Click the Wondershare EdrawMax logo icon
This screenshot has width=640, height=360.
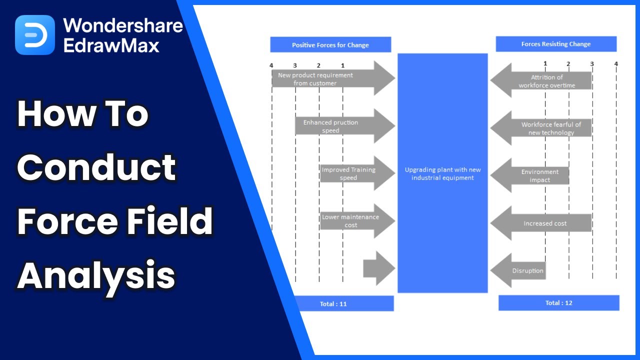(x=34, y=34)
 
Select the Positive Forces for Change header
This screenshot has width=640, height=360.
(x=330, y=45)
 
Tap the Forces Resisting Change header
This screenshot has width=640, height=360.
(x=556, y=44)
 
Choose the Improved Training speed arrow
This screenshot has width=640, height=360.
(x=355, y=173)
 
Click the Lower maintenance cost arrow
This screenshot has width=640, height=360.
(x=355, y=221)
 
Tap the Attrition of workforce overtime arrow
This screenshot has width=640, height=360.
(x=542, y=81)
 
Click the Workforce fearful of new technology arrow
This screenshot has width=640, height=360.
(x=542, y=128)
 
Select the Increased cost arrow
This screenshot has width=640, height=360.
(x=542, y=223)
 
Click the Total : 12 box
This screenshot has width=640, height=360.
(x=558, y=302)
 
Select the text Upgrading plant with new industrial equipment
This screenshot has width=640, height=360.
(x=442, y=173)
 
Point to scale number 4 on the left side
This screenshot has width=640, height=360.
(x=271, y=65)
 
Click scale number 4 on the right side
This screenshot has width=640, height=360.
(x=616, y=63)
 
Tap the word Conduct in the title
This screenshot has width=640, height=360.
(x=96, y=167)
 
